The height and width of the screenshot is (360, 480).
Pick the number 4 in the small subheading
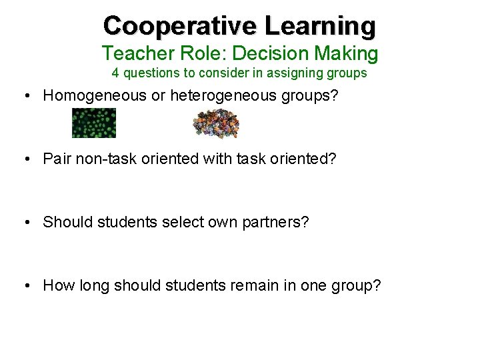(115, 73)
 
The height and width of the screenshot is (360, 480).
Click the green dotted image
(94, 123)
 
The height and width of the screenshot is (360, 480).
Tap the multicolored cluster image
(215, 123)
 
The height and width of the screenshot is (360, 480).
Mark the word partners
(275, 222)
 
